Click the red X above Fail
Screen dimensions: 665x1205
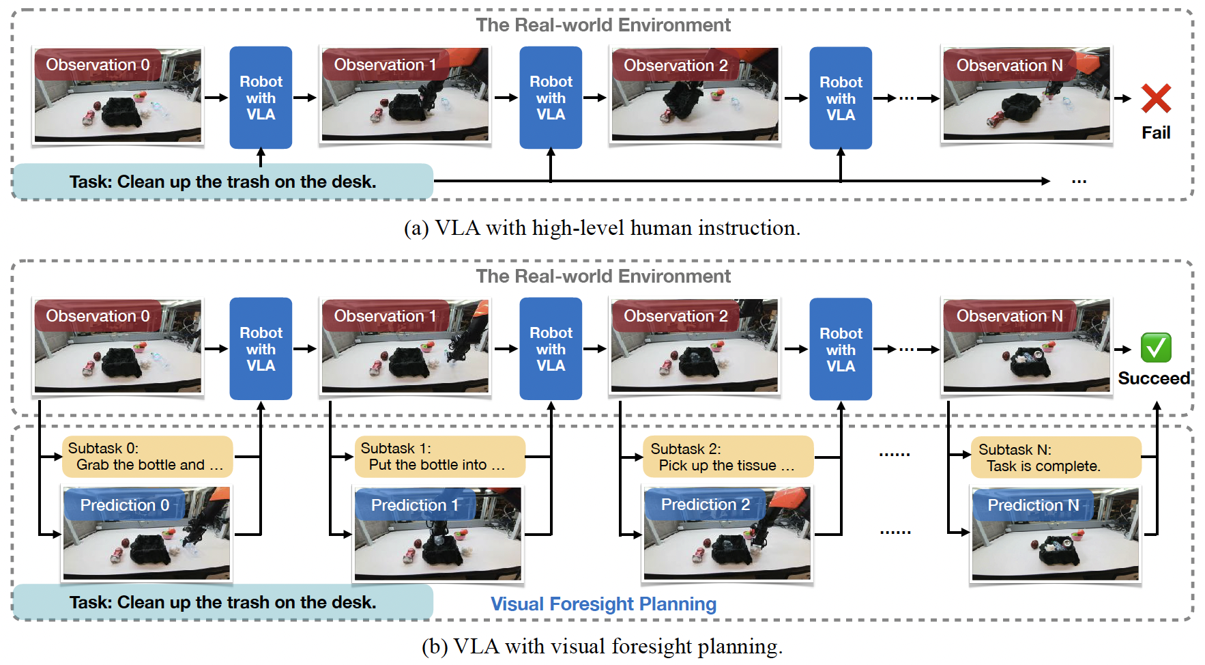point(1156,98)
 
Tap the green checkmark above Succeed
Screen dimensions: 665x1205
point(1156,348)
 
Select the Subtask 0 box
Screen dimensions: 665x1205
point(147,457)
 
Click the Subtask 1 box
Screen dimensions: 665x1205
point(439,457)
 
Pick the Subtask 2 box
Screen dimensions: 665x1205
point(728,457)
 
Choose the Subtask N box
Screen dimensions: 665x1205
point(1056,457)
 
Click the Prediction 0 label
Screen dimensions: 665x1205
point(125,505)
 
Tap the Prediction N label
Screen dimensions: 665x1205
point(1033,505)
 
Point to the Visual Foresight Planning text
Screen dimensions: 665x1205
point(603,604)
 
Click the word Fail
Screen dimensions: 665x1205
point(1156,132)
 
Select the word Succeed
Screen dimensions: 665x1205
point(1153,378)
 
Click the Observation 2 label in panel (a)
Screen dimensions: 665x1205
point(676,66)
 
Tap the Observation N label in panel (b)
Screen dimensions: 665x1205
point(1009,316)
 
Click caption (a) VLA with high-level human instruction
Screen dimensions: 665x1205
point(602,227)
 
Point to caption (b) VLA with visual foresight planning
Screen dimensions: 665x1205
point(602,646)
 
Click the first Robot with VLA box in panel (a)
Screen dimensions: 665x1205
point(261,98)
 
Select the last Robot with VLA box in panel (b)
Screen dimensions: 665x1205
point(841,349)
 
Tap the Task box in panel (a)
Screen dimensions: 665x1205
point(222,182)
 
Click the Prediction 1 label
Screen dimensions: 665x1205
point(415,505)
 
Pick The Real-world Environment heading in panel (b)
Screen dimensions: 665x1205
point(603,276)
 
